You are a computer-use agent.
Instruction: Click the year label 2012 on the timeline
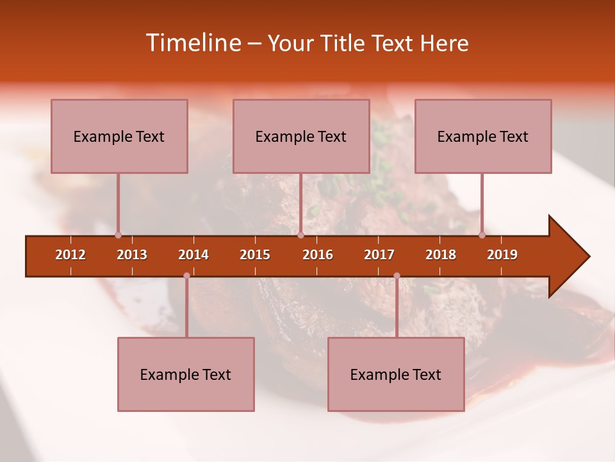[70, 255]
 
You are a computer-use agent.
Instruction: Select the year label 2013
[132, 255]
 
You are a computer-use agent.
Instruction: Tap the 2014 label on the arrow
[193, 255]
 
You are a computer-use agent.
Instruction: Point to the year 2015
[255, 255]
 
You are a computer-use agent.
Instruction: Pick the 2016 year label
[318, 255]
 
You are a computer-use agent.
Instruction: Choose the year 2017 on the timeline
[379, 255]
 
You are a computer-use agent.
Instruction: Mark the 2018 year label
[441, 255]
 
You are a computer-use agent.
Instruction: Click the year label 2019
[502, 255]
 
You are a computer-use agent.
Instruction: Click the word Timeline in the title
[192, 43]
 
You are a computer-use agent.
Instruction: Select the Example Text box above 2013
[119, 136]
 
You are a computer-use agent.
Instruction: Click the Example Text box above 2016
[301, 136]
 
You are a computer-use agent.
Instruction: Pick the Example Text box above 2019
[483, 136]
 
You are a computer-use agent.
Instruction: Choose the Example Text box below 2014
[186, 374]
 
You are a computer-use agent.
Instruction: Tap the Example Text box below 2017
[396, 374]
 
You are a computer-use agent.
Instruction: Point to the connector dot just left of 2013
[118, 235]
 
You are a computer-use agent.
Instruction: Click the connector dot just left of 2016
[300, 235]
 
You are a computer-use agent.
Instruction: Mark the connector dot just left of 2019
[482, 235]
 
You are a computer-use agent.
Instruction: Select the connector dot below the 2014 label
[186, 276]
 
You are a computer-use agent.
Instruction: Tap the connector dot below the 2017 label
[397, 276]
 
